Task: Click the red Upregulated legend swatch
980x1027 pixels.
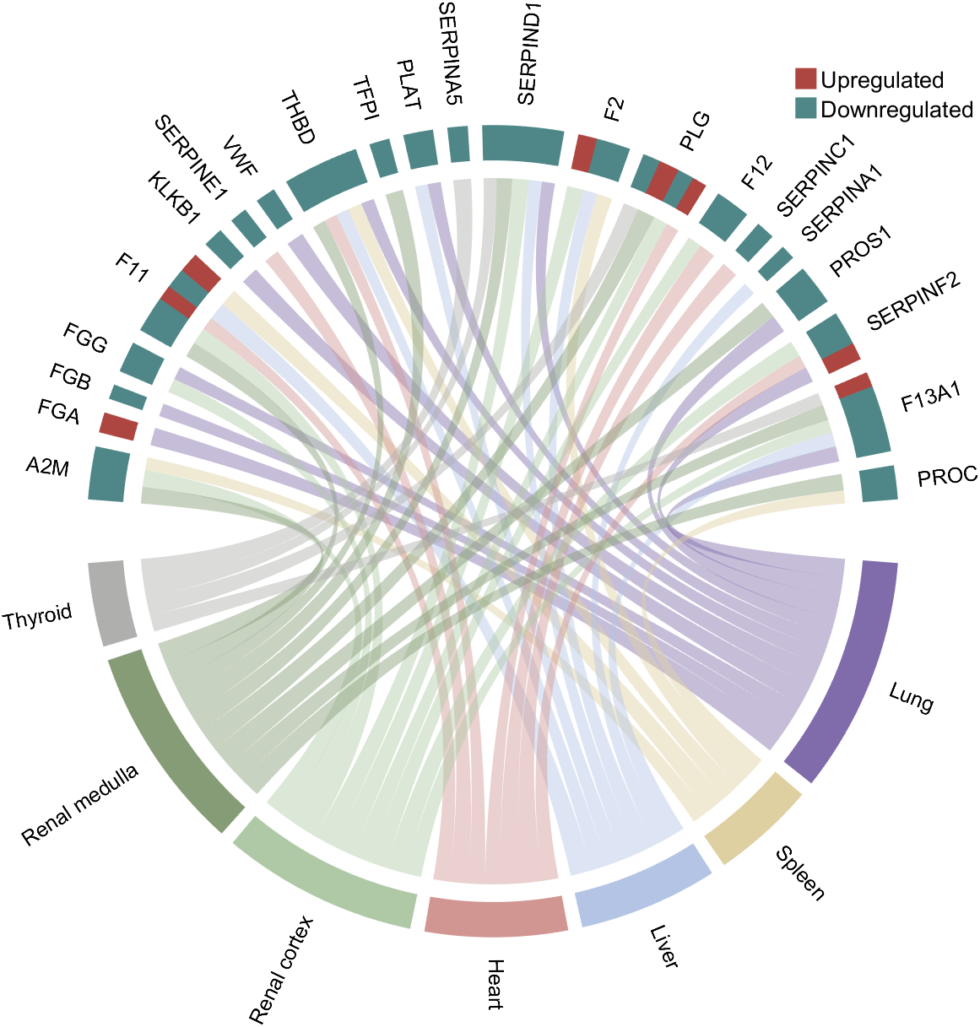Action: (x=806, y=80)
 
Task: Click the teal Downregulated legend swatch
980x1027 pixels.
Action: (x=806, y=109)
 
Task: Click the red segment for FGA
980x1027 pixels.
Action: (x=118, y=425)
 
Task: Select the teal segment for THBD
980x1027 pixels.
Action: (x=327, y=176)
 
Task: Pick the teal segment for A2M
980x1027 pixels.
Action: (x=109, y=475)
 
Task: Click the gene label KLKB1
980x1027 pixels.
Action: (x=174, y=198)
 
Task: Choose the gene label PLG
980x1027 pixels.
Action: (x=695, y=130)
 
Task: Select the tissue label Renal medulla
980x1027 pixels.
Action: (x=80, y=807)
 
